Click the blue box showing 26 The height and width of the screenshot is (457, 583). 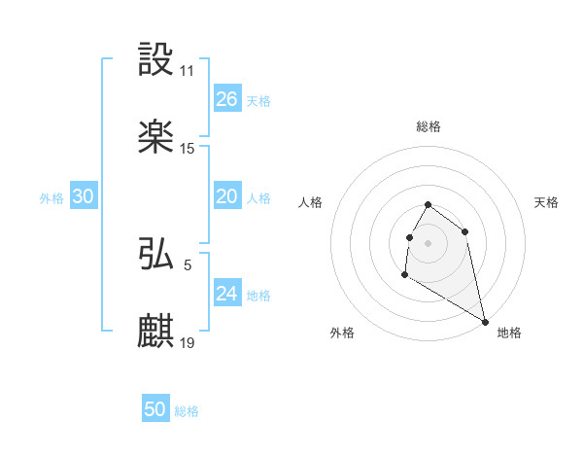[226, 99]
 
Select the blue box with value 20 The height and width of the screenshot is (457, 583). [226, 196]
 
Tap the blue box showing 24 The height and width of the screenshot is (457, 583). [226, 294]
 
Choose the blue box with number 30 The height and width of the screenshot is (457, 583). [83, 196]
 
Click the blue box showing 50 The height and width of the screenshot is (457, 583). [155, 409]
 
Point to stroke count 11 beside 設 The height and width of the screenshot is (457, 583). [187, 71]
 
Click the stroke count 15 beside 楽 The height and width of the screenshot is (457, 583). [188, 149]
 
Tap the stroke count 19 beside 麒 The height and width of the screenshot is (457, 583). [188, 342]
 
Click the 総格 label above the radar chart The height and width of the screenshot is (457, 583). [429, 126]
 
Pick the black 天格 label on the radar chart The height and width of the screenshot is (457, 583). [546, 202]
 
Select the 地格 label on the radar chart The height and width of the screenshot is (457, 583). [509, 333]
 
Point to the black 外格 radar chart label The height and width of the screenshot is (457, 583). [342, 333]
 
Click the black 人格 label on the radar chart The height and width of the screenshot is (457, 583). [311, 202]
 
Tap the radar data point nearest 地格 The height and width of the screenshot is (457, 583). [486, 322]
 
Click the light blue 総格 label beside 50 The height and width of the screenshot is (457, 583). [187, 411]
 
